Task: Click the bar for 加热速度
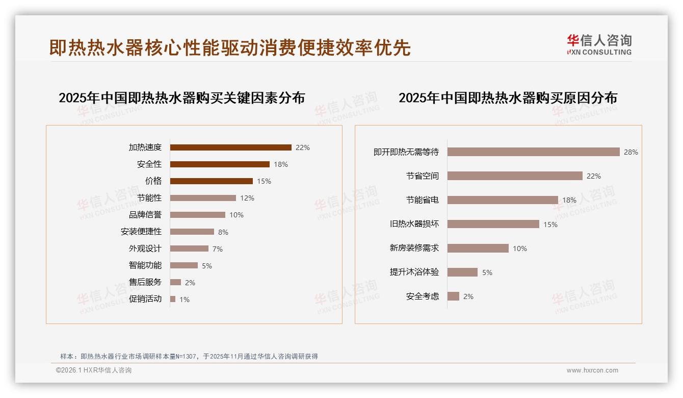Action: click(230, 147)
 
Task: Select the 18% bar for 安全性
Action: click(220, 164)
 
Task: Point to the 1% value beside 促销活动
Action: click(184, 300)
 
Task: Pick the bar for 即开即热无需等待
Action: click(533, 152)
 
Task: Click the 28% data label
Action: click(631, 152)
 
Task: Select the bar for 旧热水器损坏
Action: click(493, 224)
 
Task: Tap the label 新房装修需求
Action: click(414, 248)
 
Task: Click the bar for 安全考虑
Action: click(453, 296)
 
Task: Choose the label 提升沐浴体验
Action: click(414, 272)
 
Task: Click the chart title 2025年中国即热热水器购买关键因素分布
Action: click(181, 97)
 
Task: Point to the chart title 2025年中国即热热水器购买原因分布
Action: click(508, 97)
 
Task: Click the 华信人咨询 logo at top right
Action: click(599, 44)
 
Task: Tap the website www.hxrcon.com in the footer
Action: click(592, 370)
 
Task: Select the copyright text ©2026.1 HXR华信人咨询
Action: click(93, 370)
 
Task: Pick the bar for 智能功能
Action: click(183, 265)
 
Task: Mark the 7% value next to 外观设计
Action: click(218, 249)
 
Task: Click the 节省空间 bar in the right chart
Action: click(515, 176)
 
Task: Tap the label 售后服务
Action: click(145, 282)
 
